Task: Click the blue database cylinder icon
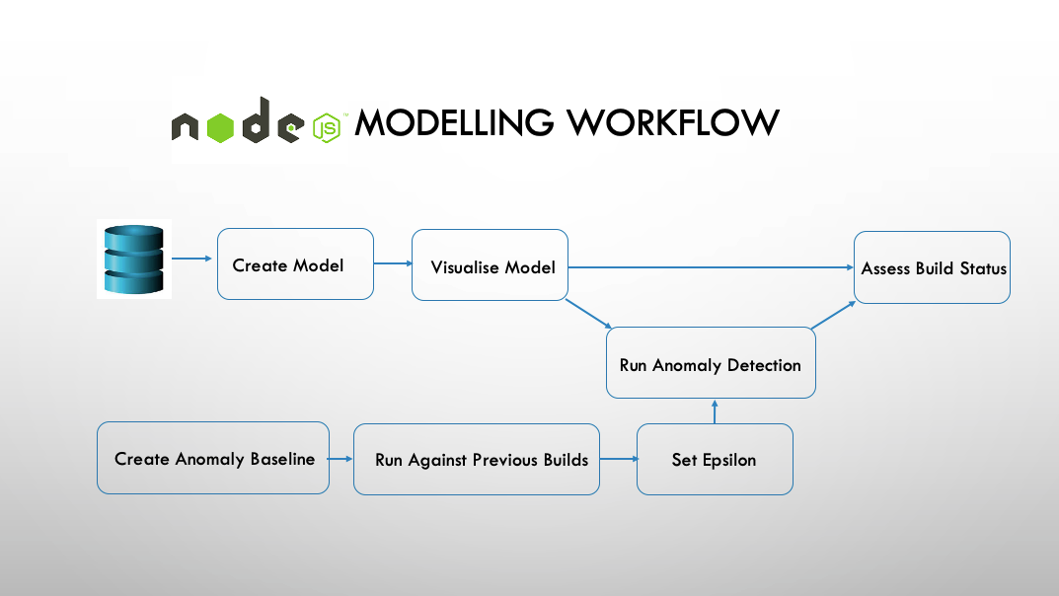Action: (x=133, y=259)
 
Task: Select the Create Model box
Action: (x=295, y=264)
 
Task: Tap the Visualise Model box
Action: (x=490, y=265)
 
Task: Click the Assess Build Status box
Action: (x=932, y=267)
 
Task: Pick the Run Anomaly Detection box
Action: (x=711, y=364)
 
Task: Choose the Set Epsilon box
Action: (x=715, y=459)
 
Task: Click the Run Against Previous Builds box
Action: (x=477, y=459)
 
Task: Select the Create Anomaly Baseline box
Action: (x=213, y=458)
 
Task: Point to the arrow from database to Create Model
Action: (x=193, y=259)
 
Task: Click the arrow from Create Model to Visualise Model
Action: (x=393, y=263)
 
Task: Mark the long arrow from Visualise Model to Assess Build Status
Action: (x=711, y=266)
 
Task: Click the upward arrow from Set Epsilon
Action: (x=715, y=411)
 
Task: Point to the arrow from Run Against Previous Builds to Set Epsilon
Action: (x=619, y=459)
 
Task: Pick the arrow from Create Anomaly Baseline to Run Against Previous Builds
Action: (x=341, y=459)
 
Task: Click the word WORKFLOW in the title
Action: (x=673, y=123)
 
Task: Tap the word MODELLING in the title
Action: (x=455, y=123)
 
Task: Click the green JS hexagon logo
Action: (x=327, y=128)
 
